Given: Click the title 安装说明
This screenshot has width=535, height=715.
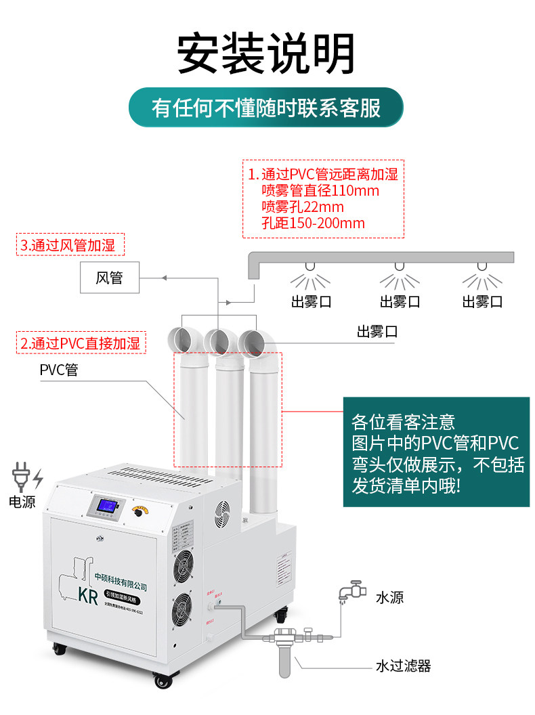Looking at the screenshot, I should tap(266, 53).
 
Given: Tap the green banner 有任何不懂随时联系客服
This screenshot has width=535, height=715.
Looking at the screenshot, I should tap(266, 108).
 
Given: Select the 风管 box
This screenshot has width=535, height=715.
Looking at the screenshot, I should tap(109, 278).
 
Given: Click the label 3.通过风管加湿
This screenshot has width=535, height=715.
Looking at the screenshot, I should tap(71, 245).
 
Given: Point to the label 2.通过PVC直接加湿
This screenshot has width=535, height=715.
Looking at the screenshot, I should tap(80, 343).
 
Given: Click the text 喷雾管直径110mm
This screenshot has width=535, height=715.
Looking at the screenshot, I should tap(320, 191).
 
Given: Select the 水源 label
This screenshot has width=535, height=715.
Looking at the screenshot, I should tap(389, 597).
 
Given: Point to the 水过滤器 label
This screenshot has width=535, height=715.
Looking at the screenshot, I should tap(403, 666).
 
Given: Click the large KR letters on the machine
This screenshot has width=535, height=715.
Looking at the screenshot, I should tap(89, 596).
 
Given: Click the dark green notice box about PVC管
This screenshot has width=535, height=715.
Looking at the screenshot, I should tap(435, 452).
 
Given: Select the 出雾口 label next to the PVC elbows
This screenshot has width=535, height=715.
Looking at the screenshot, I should tap(377, 331).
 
